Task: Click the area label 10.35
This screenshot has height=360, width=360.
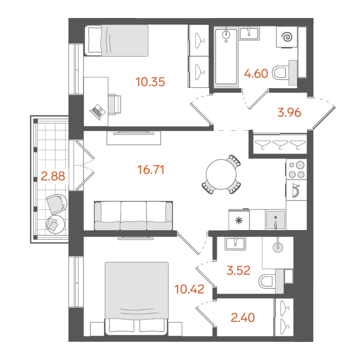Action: coord(150,82)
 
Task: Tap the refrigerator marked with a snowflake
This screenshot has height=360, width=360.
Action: coord(239,220)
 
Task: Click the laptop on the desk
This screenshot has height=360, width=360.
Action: coord(98,111)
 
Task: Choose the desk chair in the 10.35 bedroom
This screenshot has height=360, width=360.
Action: coord(115,104)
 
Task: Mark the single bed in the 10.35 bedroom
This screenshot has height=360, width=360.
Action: coord(118,40)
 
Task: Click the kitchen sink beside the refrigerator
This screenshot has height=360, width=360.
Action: coord(274,220)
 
